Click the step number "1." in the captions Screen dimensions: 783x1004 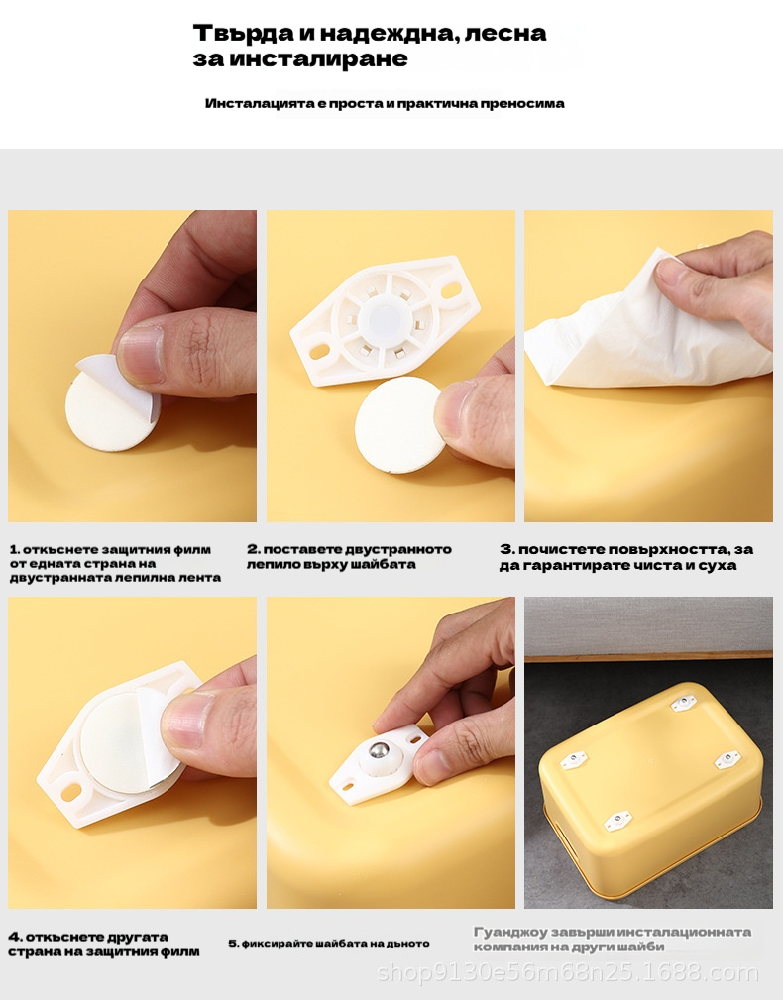pos(15,549)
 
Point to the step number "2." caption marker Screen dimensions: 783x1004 pos(254,549)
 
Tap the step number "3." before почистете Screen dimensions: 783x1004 pos(507,549)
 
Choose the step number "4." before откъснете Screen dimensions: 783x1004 pos(16,937)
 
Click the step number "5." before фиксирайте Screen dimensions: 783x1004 pos(234,944)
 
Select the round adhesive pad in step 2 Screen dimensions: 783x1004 pos(398,424)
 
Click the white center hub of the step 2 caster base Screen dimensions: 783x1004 pos(381,316)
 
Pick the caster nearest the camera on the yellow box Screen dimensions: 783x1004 pos(617,821)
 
